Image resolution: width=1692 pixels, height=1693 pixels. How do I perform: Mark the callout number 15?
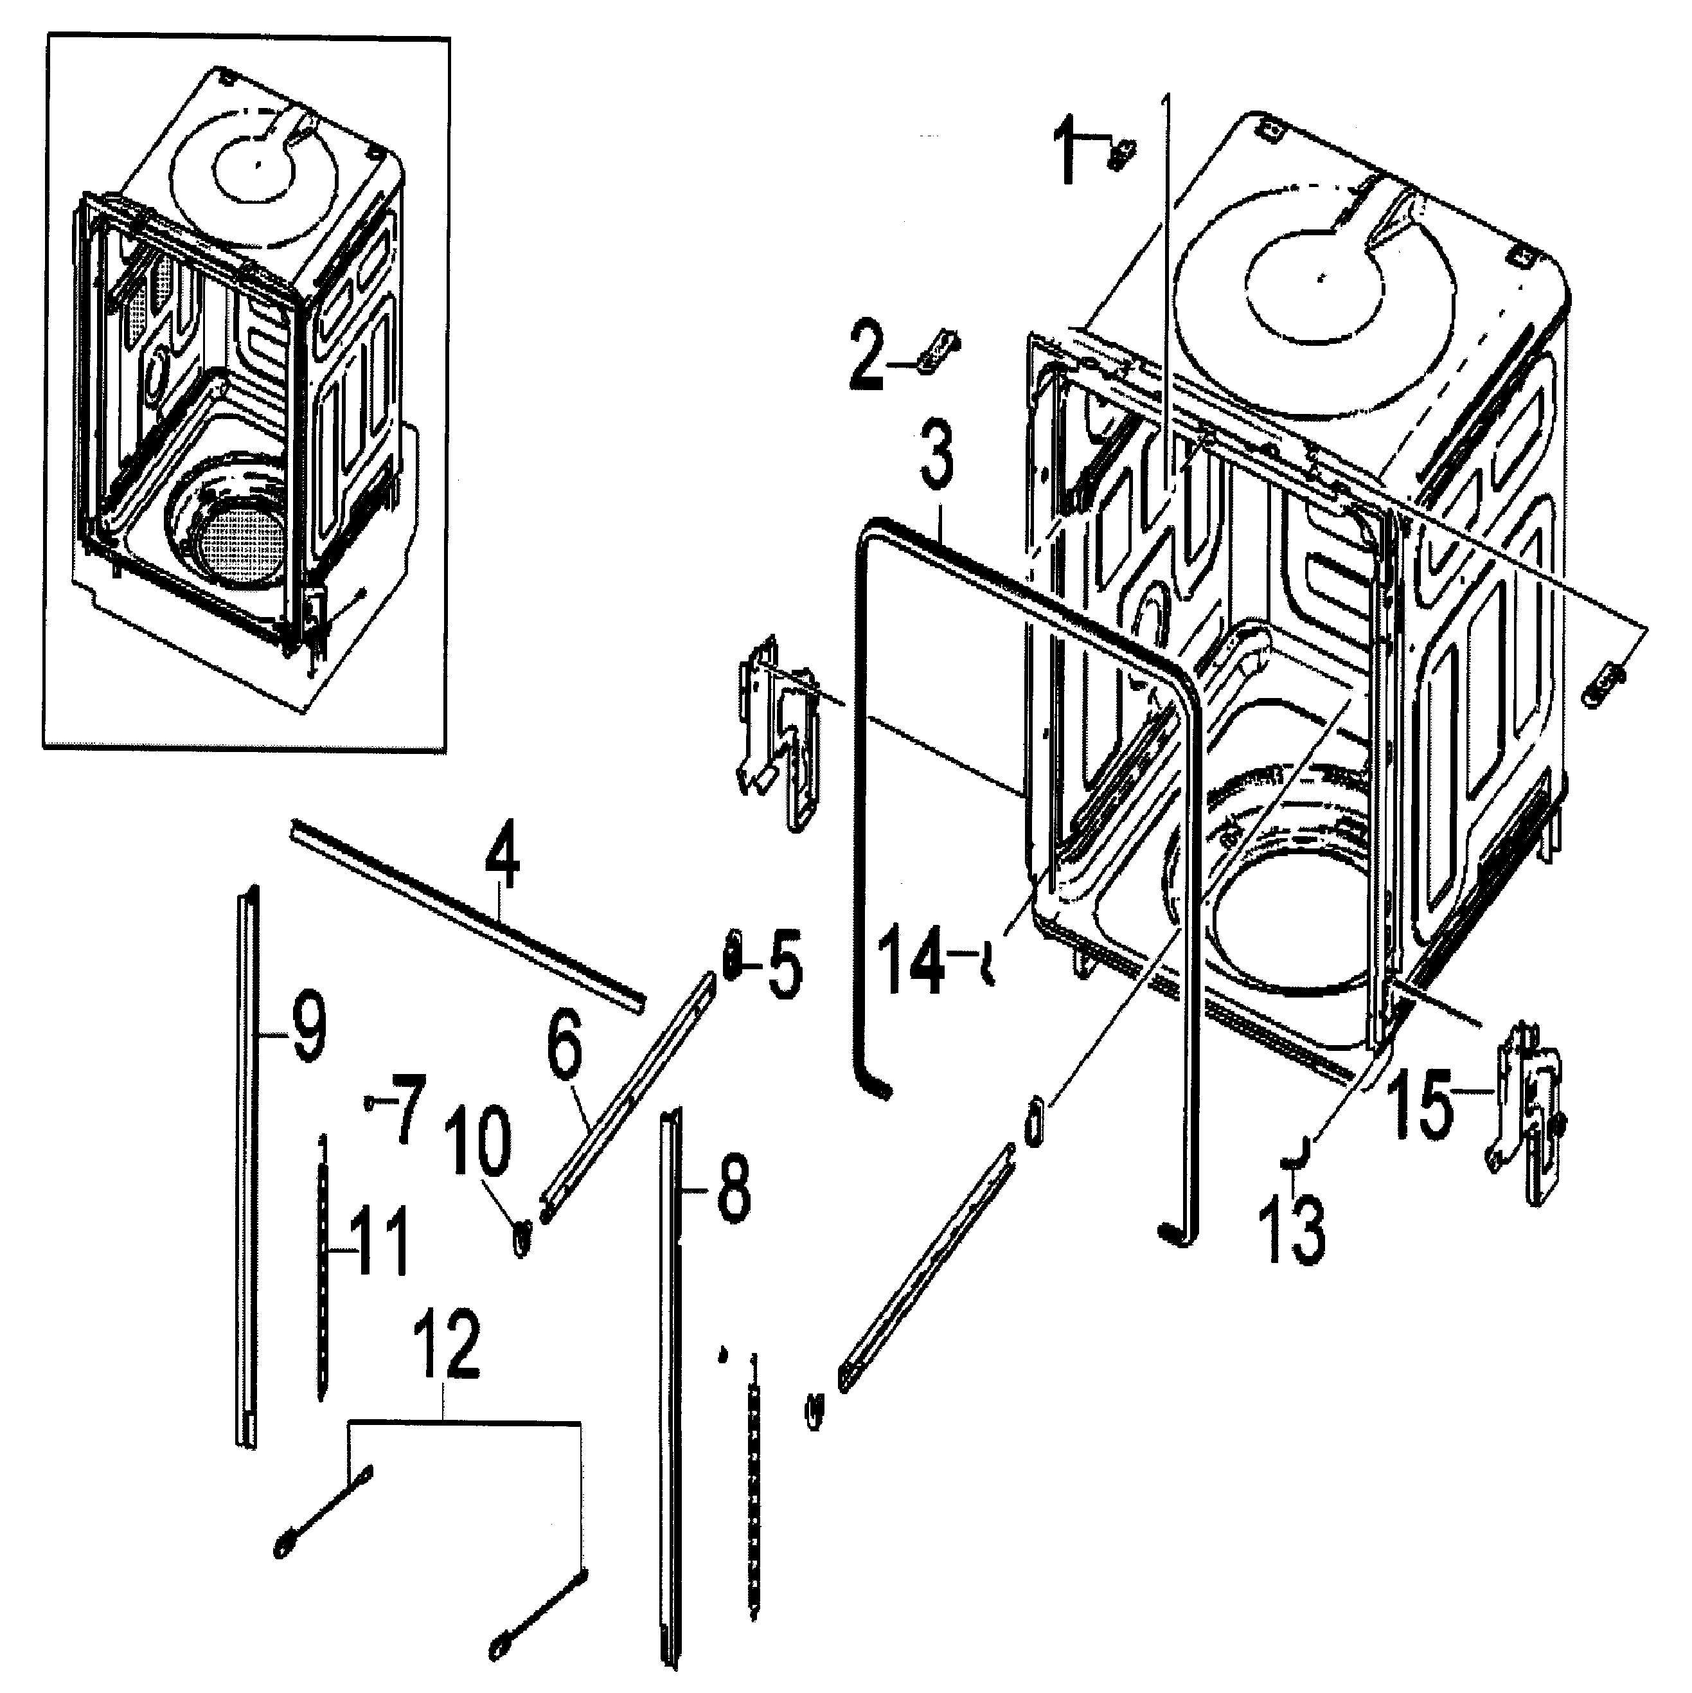pos(1424,1107)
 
